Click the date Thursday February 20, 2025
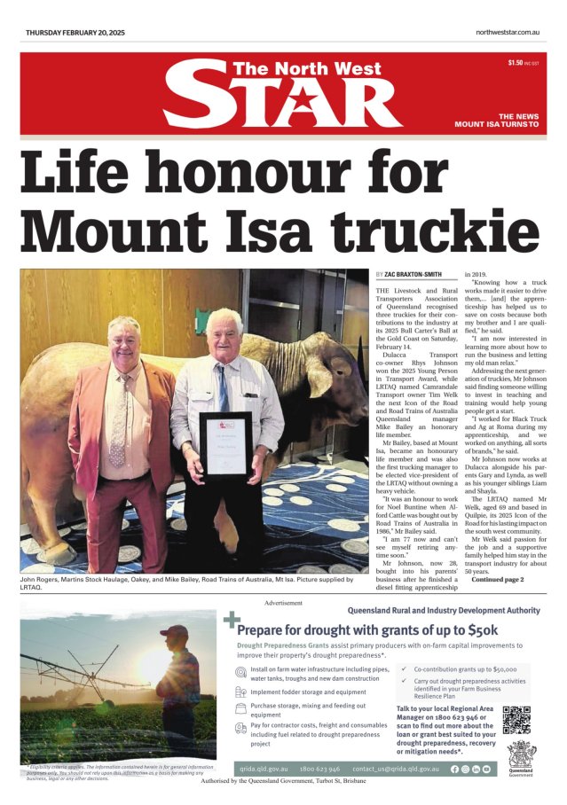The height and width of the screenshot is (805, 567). pos(75,33)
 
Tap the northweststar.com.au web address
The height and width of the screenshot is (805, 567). pos(508,33)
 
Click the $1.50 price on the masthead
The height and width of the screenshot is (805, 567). pos(516,63)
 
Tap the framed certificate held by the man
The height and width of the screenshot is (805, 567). pos(225,447)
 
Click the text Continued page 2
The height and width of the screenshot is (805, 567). pos(498,580)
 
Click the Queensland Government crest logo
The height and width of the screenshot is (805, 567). pos(521,760)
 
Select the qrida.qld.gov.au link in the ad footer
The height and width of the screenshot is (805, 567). pos(264,768)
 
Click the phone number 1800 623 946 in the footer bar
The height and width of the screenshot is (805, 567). pos(319,768)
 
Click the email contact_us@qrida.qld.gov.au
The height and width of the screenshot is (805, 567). pos(396,768)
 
